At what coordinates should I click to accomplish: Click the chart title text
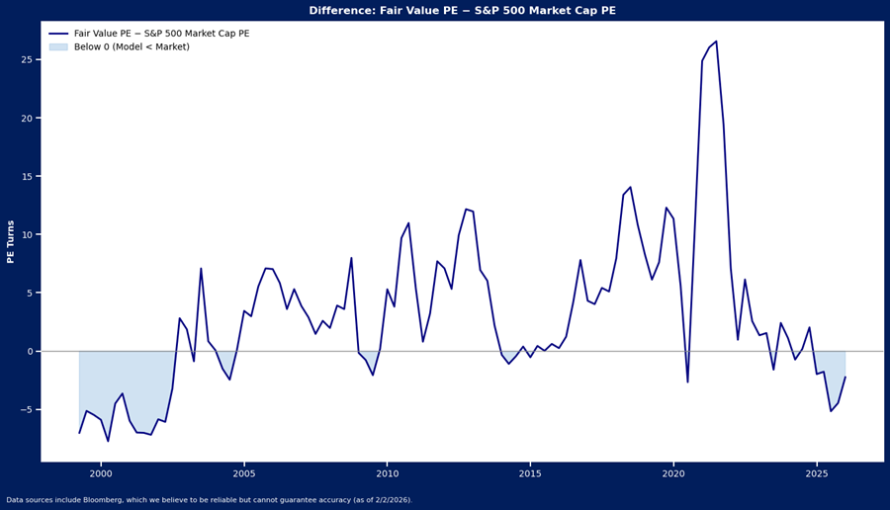pyautogui.click(x=462, y=11)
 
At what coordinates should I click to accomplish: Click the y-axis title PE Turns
pyautogui.click(x=11, y=241)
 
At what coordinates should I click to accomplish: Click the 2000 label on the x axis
pyautogui.click(x=101, y=474)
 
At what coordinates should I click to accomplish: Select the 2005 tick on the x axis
pyautogui.click(x=244, y=474)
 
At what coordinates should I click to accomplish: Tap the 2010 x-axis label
pyautogui.click(x=387, y=474)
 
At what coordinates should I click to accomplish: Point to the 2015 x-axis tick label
pyautogui.click(x=530, y=474)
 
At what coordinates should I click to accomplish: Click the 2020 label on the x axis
pyautogui.click(x=673, y=474)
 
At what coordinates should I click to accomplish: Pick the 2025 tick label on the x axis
pyautogui.click(x=816, y=474)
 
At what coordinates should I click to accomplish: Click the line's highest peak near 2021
pyautogui.click(x=716, y=42)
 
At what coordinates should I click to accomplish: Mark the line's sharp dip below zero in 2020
pyautogui.click(x=687, y=382)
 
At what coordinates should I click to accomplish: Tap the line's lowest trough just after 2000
pyautogui.click(x=108, y=441)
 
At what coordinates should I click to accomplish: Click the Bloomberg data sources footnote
pyautogui.click(x=209, y=500)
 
